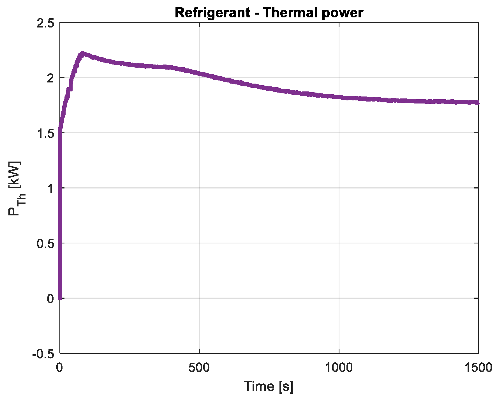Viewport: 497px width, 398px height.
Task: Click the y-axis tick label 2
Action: pyautogui.click(x=50, y=78)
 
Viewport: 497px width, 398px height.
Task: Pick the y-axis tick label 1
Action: pyautogui.click(x=50, y=188)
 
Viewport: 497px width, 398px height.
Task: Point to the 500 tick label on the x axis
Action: pyautogui.click(x=199, y=368)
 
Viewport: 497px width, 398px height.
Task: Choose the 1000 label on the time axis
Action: pyautogui.click(x=339, y=368)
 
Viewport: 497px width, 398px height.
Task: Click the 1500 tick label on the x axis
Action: pyautogui.click(x=478, y=368)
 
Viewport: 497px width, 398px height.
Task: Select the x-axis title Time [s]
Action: pyautogui.click(x=269, y=386)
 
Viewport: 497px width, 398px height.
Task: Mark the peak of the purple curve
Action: pyautogui.click(x=82, y=53)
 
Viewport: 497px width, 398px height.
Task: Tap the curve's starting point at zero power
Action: pyautogui.click(x=60, y=298)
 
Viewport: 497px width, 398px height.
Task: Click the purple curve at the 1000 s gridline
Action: pyautogui.click(x=339, y=97)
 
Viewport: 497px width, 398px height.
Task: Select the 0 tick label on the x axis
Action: pyautogui.click(x=59, y=368)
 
